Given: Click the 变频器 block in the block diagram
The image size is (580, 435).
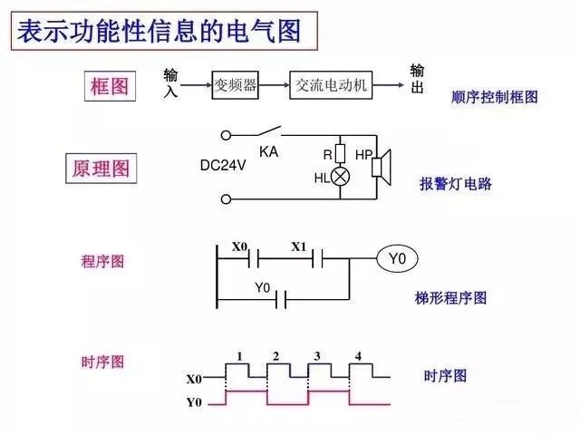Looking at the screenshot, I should coord(235,85).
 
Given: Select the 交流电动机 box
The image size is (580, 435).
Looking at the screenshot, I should coord(332,85).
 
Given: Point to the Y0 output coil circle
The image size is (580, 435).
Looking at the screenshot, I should coord(397,260).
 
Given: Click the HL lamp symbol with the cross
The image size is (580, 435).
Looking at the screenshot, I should coord(341,177).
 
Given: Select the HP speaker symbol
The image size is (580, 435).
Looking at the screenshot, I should coord(381,166).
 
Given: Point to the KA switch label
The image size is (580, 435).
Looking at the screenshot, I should coord(268,151).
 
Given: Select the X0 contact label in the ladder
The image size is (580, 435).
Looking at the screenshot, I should coord(239,246).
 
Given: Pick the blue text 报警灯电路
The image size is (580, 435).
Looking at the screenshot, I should coord(455,183).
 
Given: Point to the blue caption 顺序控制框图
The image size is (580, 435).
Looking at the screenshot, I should coord(494,96).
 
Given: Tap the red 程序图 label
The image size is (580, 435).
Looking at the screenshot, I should coord(101,261).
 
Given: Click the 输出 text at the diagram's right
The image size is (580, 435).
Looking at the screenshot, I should coord(417,79).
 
